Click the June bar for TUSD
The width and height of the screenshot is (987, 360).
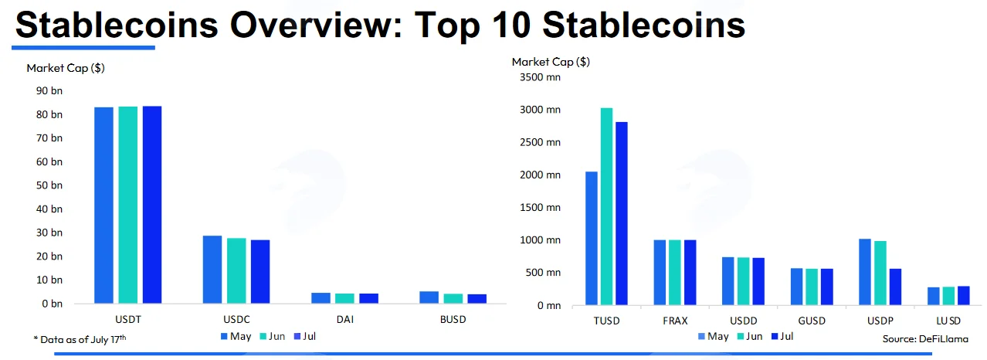point(606,206)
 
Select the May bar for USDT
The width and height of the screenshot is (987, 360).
point(103,205)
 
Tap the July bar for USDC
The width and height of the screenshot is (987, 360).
point(260,271)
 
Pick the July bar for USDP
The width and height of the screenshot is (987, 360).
point(895,287)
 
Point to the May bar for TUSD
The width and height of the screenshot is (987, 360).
point(592,238)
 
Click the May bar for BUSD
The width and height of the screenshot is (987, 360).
point(429,297)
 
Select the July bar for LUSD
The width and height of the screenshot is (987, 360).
point(964,296)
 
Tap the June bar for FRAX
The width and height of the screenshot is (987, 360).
point(674,272)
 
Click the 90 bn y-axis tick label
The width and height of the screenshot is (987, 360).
point(49,90)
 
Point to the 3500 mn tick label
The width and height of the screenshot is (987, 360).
point(540,77)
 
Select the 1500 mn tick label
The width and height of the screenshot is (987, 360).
point(540,208)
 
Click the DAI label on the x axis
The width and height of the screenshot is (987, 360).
point(345,320)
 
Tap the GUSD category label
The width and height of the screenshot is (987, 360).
point(812,321)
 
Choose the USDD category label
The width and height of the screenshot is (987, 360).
point(743,321)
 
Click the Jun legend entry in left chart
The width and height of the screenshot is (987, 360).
point(273,336)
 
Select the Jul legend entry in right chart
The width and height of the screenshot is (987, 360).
point(782,336)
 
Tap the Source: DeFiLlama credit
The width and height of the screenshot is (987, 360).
point(925,339)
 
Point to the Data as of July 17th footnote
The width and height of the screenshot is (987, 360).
point(80,339)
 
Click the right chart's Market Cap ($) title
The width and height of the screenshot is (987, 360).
point(551,62)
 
